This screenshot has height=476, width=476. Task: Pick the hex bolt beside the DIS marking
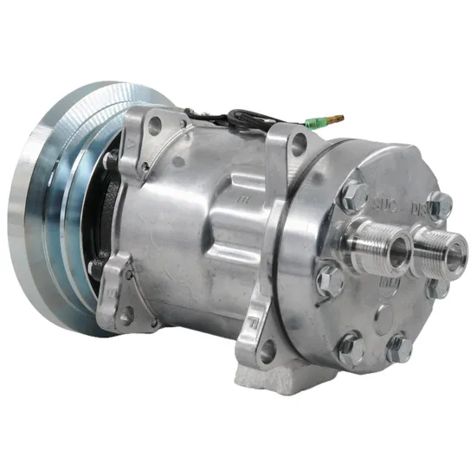point(441,204)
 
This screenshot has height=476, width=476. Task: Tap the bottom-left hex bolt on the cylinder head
point(349,345)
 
